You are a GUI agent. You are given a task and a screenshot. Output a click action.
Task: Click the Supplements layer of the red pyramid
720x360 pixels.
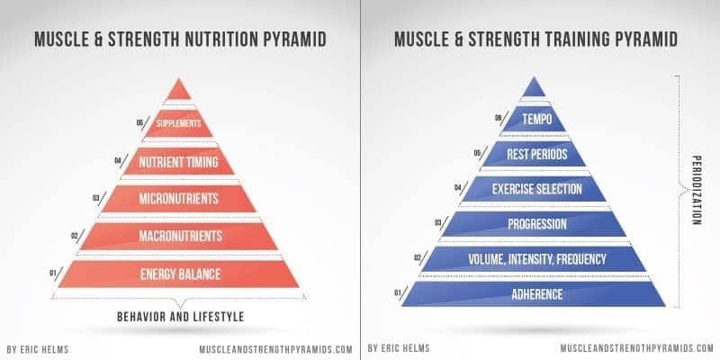[178, 123]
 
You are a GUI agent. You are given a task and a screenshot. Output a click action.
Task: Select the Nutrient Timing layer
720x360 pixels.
[178, 162]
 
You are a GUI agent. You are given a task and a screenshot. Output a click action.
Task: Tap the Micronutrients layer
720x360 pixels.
[178, 199]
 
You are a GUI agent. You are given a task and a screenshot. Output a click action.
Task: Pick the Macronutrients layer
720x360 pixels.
[178, 237]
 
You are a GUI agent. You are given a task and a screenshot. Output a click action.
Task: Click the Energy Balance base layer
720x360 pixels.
[178, 274]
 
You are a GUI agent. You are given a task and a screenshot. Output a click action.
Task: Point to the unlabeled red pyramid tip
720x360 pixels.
[178, 90]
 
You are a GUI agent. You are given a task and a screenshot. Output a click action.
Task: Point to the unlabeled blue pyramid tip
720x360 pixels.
[534, 87]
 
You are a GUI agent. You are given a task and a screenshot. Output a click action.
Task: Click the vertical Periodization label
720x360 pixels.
[696, 190]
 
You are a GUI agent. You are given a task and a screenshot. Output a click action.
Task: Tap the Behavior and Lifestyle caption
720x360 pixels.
[181, 317]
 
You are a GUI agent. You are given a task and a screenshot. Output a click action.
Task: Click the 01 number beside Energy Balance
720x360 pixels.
[52, 274]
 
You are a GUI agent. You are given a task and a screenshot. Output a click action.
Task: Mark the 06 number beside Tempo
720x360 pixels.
[498, 118]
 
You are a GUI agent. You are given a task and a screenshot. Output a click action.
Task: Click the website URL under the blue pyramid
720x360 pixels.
[637, 348]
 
